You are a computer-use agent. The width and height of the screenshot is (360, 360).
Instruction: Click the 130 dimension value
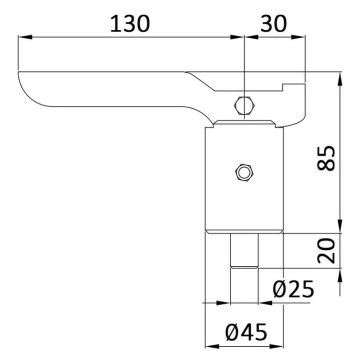click(130, 24)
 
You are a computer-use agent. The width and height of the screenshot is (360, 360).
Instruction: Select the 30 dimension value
click(273, 24)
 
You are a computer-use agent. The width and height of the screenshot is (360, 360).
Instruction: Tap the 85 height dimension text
click(326, 158)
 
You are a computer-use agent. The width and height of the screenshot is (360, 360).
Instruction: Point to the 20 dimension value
click(326, 250)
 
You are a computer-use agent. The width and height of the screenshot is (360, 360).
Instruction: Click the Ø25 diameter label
click(293, 289)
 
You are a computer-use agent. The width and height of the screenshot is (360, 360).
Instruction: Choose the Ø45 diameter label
click(246, 332)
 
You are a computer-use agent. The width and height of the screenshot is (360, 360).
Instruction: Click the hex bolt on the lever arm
click(244, 106)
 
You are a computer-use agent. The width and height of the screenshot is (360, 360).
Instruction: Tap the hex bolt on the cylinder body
click(245, 172)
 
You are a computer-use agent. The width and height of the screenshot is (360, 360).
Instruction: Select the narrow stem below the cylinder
click(244, 250)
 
